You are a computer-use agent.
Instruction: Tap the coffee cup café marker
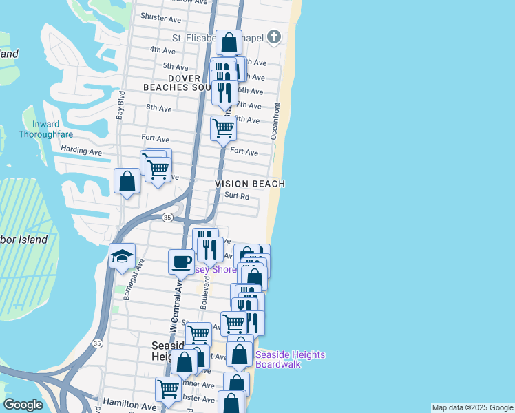(182, 262)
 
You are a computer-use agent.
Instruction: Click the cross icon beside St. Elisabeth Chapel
(273, 37)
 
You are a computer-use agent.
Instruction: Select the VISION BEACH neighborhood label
(250, 184)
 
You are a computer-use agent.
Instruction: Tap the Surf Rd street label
(236, 195)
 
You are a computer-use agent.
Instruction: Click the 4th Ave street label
(162, 50)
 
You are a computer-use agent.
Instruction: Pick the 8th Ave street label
(158, 108)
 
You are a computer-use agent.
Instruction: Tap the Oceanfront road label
(275, 121)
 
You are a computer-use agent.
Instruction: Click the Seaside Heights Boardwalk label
(290, 359)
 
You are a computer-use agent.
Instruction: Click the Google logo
(23, 405)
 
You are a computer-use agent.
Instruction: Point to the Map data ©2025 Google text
(472, 408)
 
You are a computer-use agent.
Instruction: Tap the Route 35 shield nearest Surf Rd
(167, 218)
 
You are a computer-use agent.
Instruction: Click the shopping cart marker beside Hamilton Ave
(169, 389)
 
